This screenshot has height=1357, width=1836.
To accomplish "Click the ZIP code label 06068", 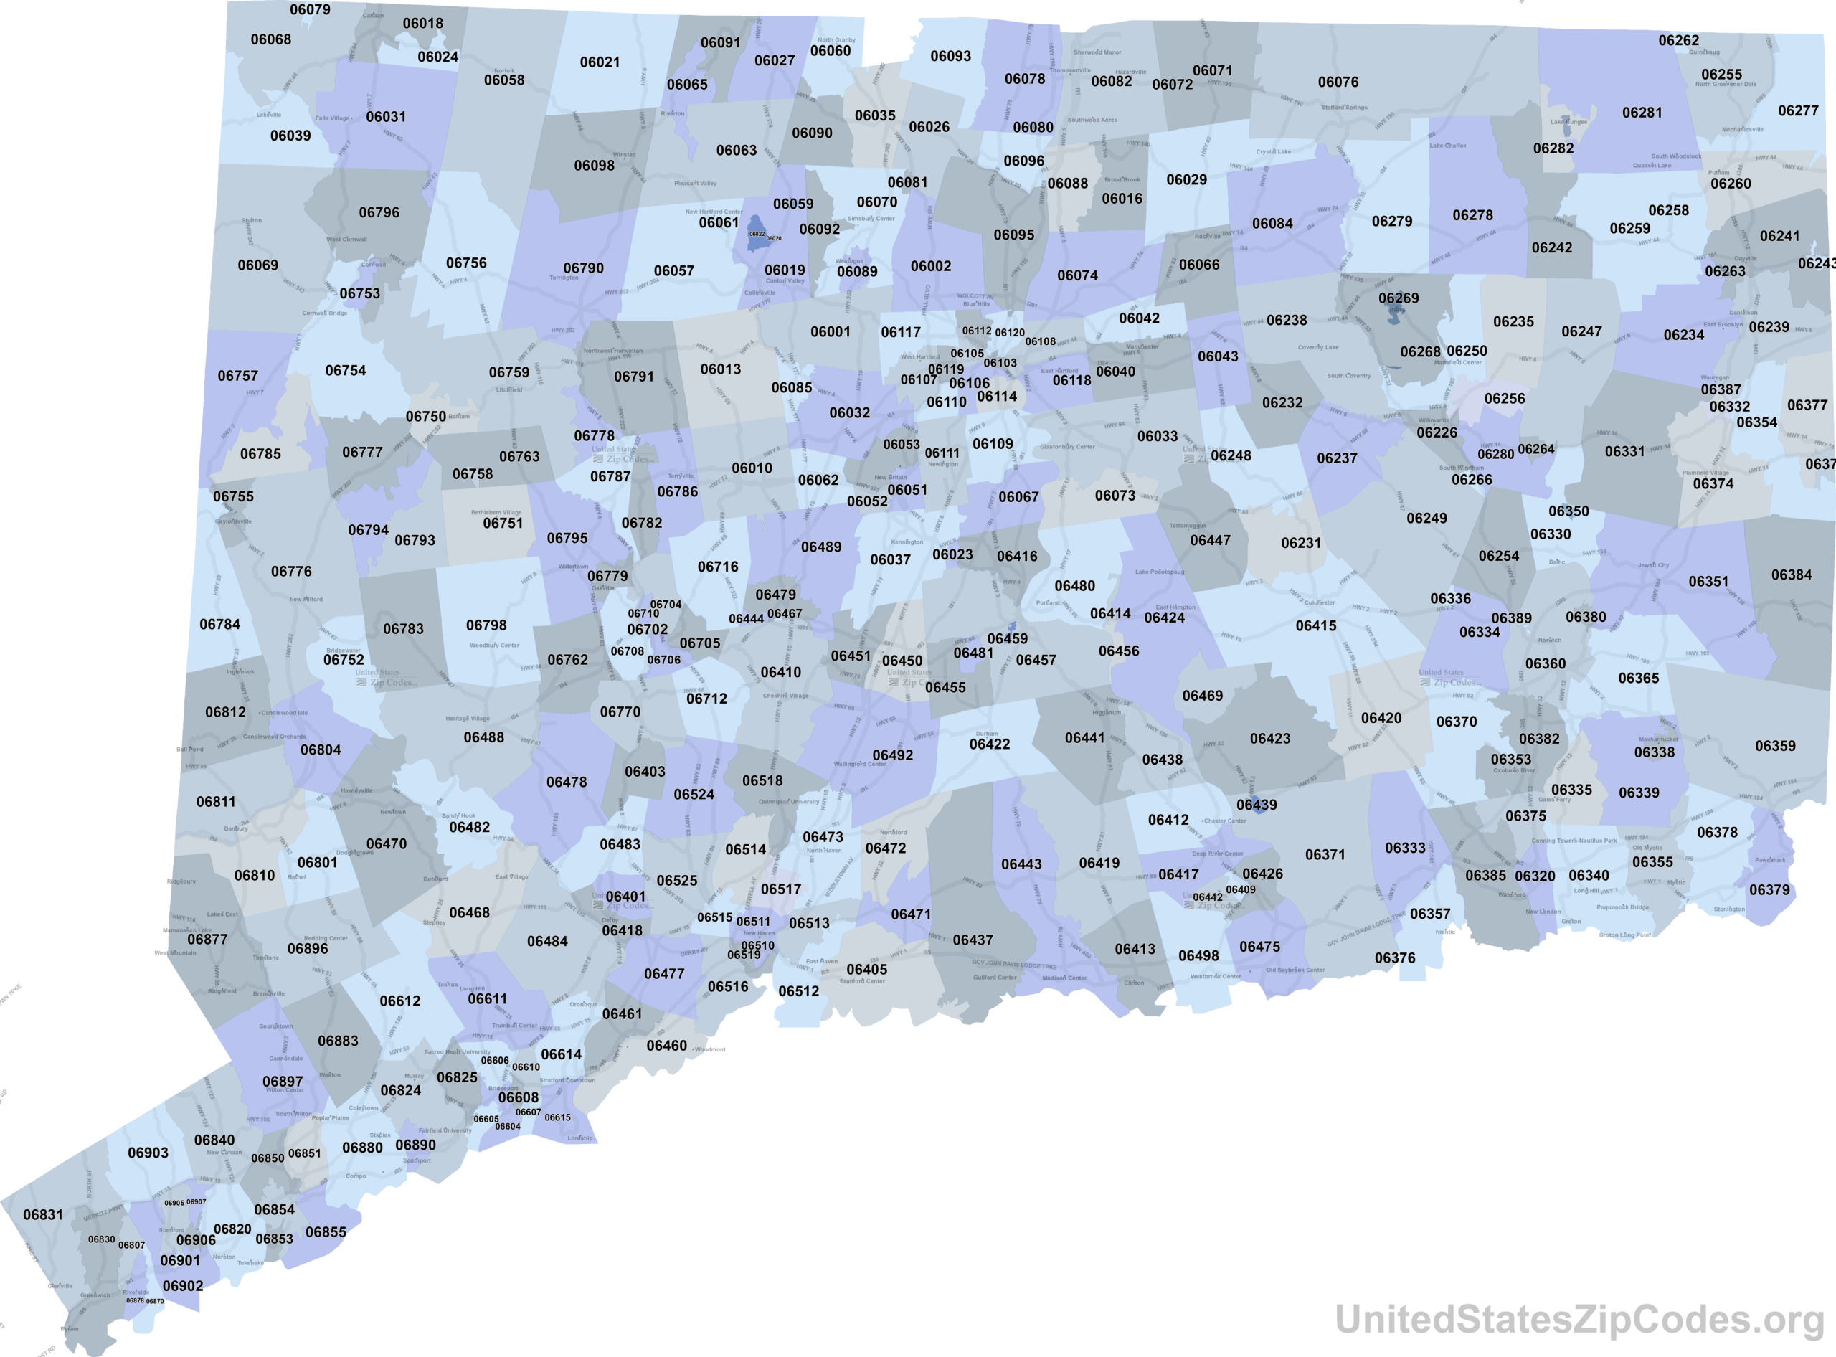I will coord(270,39).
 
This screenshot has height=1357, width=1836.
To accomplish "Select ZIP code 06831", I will coord(43,1215).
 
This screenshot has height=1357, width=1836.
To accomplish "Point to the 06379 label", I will coord(1769,889).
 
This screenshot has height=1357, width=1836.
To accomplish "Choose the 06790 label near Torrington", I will coord(583,268).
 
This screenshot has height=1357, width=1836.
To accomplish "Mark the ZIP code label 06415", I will coord(1315,626).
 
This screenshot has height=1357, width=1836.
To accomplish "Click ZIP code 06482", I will coord(469,827).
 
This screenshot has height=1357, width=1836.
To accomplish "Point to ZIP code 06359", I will coord(1774,746).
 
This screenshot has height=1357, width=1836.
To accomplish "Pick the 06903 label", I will coord(148,1153).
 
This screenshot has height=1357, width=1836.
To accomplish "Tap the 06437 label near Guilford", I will coord(973,940).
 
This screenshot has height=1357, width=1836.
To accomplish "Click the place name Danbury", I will coord(236,829).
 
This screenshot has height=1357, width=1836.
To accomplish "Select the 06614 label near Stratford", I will coord(561,1054).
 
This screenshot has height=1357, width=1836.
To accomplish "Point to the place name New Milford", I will coord(306,600).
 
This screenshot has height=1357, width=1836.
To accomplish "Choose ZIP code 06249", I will coord(1426,519).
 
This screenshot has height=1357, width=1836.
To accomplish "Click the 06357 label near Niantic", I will coord(1429,914).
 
